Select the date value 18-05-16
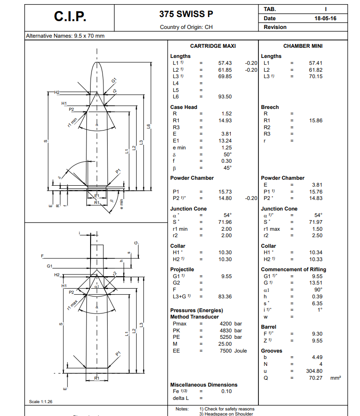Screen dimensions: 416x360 pyautogui.click(x=325, y=18)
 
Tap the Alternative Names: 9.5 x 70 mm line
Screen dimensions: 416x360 pyautogui.click(x=65, y=35)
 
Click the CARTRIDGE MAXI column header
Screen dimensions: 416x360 pyautogui.click(x=213, y=46)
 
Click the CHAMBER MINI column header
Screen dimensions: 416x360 pyautogui.click(x=303, y=46)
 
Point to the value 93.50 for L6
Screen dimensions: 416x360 pyautogui.click(x=225, y=97)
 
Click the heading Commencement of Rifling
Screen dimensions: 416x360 pyautogui.click(x=293, y=269)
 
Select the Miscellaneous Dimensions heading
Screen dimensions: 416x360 pyautogui.click(x=204, y=385)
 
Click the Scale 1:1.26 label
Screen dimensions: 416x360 pyautogui.click(x=41, y=402)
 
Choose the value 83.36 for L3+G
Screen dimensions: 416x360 pyautogui.click(x=225, y=296)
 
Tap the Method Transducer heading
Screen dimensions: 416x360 pyautogui.click(x=195, y=317)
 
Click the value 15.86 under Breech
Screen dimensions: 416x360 pyautogui.click(x=316, y=120)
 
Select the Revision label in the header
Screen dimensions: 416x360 pyautogui.click(x=275, y=27)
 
